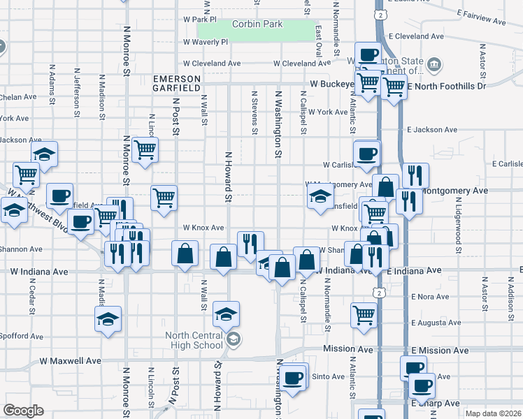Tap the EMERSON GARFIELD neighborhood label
(x=177, y=82)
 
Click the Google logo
(x=23, y=411)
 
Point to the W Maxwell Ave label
(x=70, y=361)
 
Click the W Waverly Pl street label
(x=206, y=42)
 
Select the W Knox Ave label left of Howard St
(x=203, y=228)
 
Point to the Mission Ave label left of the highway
(x=347, y=348)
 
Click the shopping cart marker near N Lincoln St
(x=145, y=149)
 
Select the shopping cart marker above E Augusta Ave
(x=364, y=315)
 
